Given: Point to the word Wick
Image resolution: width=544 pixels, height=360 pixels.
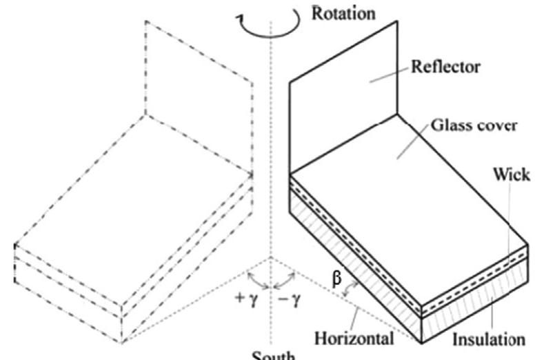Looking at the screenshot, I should (x=512, y=174).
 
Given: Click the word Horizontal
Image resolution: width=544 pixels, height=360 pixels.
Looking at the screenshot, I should (x=354, y=339).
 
